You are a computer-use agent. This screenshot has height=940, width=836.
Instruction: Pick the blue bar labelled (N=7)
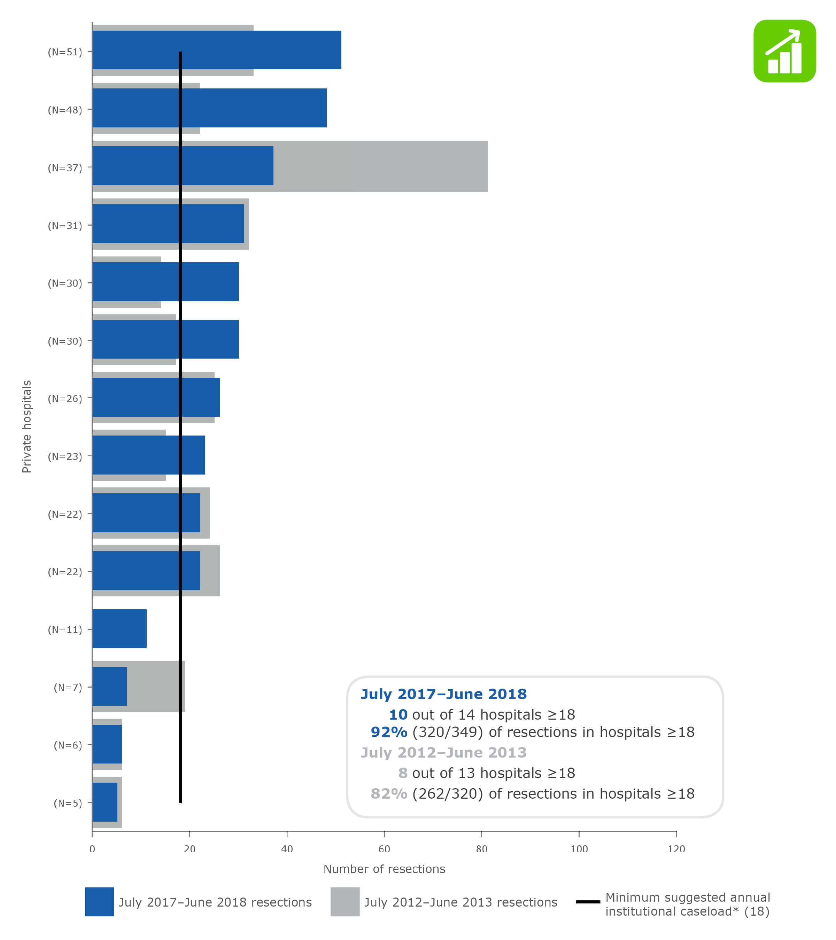click(x=109, y=686)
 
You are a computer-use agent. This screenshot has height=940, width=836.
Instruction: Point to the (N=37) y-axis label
click(x=65, y=168)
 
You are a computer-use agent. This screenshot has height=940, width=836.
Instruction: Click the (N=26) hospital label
click(x=65, y=399)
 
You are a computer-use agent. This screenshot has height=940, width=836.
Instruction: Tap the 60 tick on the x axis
click(x=384, y=849)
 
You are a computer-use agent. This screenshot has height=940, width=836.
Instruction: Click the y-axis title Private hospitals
click(x=27, y=426)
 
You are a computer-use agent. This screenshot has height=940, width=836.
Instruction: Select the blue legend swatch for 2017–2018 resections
click(x=99, y=902)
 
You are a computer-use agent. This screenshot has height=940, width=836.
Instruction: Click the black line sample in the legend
click(x=588, y=902)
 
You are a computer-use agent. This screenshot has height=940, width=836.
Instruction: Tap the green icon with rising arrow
click(x=784, y=51)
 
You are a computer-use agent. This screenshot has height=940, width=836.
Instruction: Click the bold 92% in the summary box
click(x=389, y=732)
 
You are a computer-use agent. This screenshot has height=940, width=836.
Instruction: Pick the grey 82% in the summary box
click(x=389, y=794)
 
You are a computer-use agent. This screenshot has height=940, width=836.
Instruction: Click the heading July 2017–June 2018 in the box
click(x=443, y=694)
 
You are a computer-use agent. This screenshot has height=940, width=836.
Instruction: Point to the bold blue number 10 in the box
click(x=398, y=715)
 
